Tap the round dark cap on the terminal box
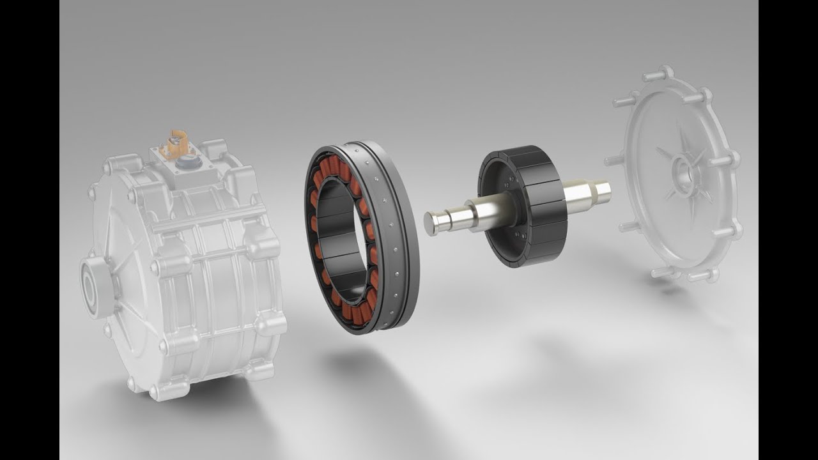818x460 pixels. (x=189, y=162)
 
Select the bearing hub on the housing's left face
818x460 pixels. (x=89, y=287)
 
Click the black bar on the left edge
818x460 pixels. (x=29, y=230)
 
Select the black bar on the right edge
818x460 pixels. (x=788, y=230)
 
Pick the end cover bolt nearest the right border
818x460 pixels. (x=735, y=229)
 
